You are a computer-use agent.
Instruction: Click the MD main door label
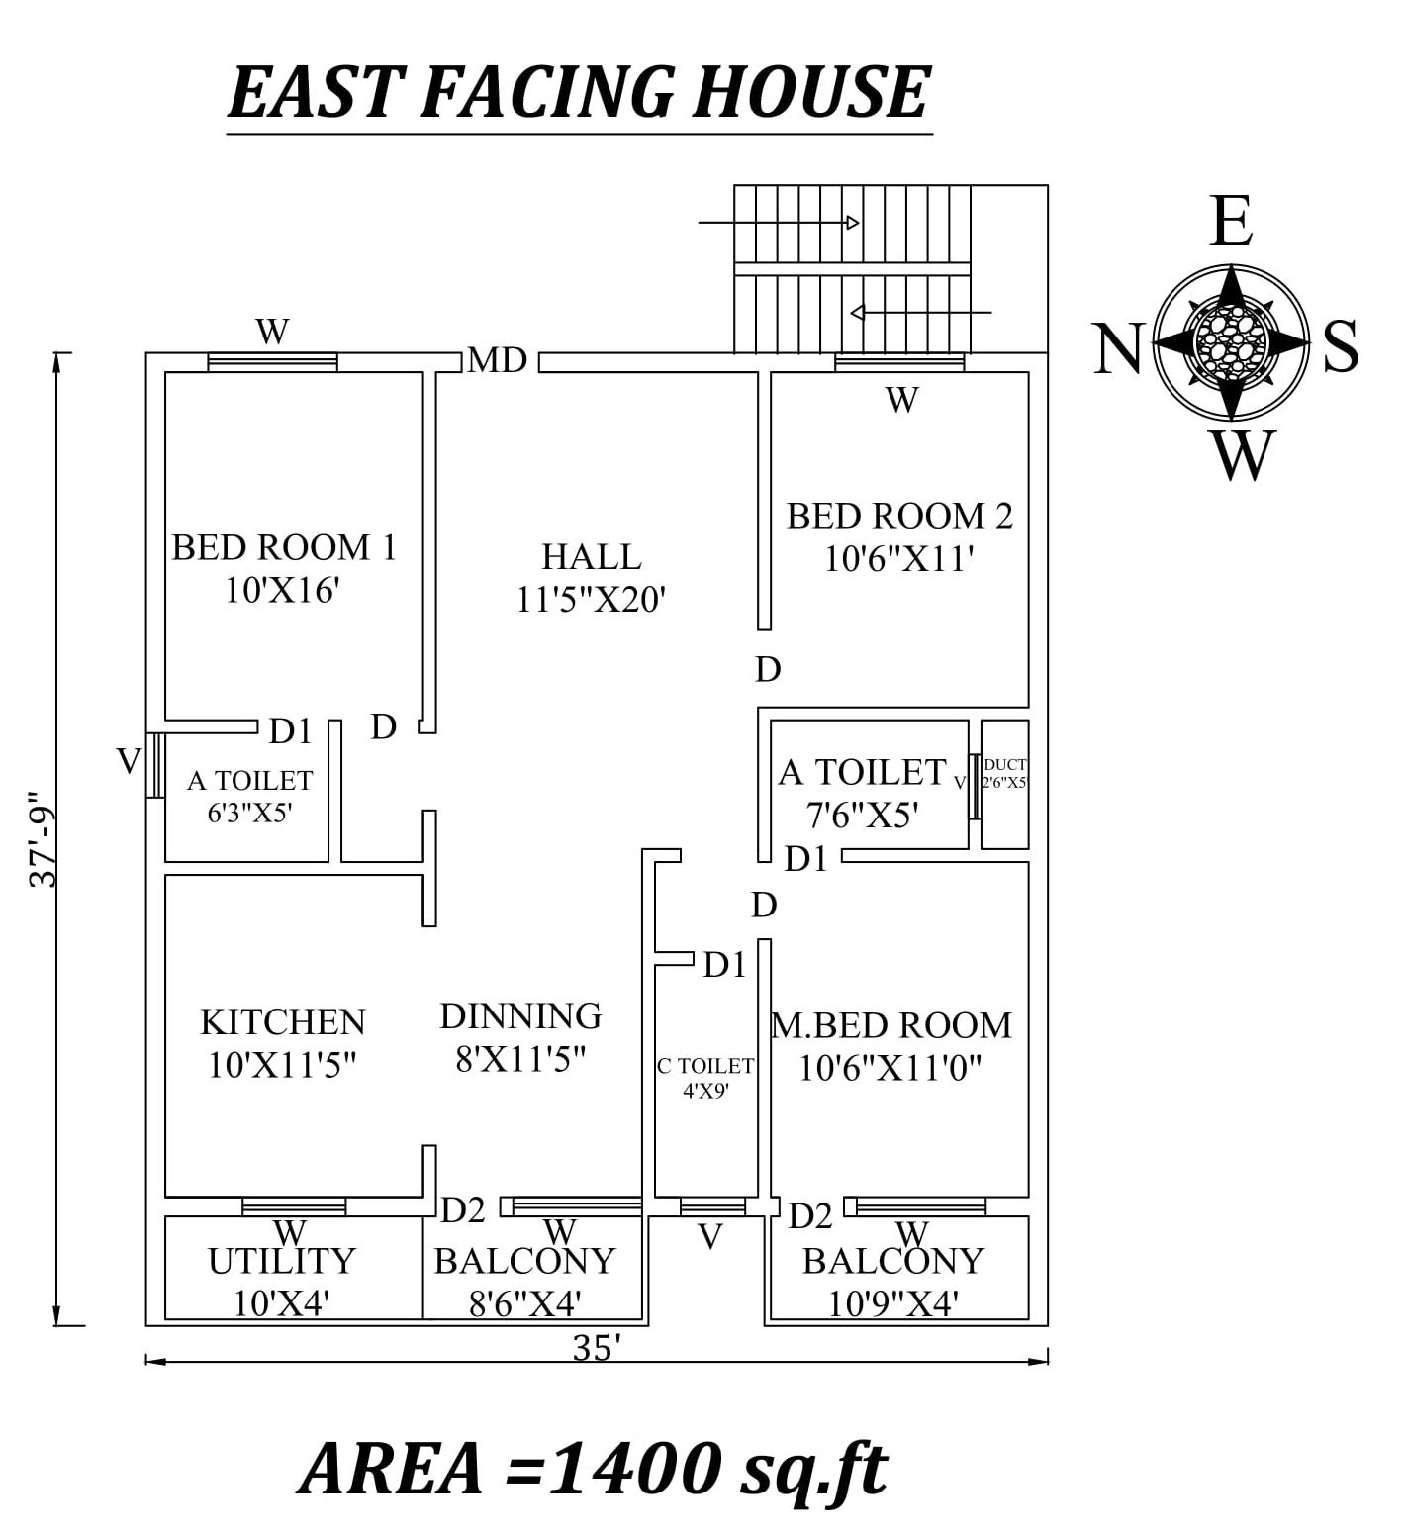(x=497, y=360)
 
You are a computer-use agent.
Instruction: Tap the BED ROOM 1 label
(x=284, y=546)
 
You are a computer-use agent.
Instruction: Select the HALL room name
(x=592, y=556)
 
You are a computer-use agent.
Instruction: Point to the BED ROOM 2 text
(x=899, y=515)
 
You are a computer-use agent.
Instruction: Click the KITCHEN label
(x=283, y=1021)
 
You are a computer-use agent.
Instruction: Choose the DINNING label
(x=520, y=1015)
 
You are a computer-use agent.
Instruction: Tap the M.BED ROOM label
(x=891, y=1024)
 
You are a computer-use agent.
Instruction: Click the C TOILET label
(x=705, y=1066)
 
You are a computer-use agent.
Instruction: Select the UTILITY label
(x=281, y=1261)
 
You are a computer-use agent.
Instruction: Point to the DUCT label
(x=1005, y=764)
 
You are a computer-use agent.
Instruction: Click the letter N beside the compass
(x=1119, y=348)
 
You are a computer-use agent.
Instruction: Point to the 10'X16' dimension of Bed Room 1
(x=283, y=591)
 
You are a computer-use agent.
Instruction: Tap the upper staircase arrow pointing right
(x=779, y=223)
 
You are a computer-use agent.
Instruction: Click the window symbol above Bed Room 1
(x=272, y=362)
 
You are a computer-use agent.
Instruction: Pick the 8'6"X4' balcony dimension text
(x=524, y=1303)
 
